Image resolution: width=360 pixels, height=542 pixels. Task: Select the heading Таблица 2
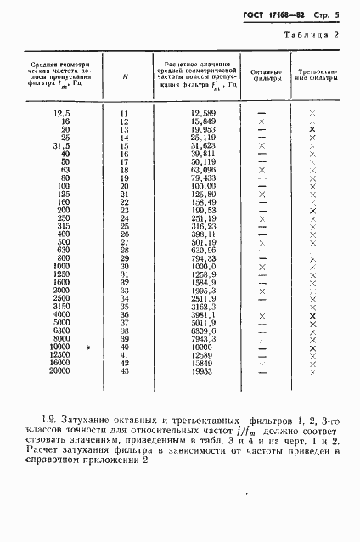pyautogui.click(x=312, y=35)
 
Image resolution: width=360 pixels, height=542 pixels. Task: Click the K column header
pyautogui.click(x=126, y=76)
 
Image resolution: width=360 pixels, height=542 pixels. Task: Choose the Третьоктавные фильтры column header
pyautogui.click(x=313, y=76)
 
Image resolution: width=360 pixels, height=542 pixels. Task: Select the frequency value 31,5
pyautogui.click(x=59, y=145)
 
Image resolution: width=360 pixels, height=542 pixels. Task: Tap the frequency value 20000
pyautogui.click(x=59, y=371)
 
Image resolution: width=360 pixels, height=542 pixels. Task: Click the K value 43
pyautogui.click(x=125, y=371)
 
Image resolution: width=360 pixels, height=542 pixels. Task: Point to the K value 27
pyautogui.click(x=125, y=242)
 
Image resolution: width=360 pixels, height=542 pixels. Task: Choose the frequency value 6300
pyautogui.click(x=58, y=330)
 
